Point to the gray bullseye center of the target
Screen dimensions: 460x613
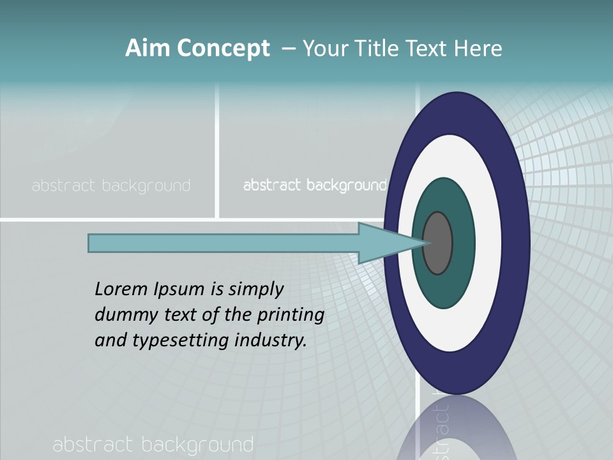coord(437,243)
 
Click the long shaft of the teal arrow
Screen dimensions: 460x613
coord(223,243)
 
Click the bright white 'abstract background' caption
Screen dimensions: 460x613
coord(315,186)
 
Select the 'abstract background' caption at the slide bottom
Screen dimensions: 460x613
coord(153,445)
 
